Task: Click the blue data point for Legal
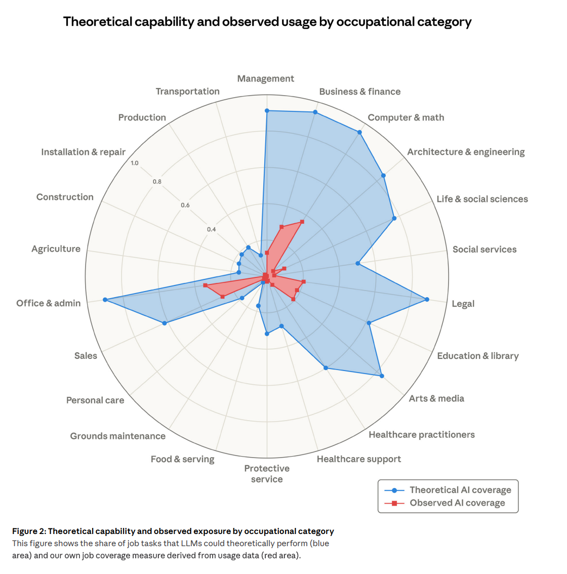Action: point(427,300)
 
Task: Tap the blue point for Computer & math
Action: point(359,133)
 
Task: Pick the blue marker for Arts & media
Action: point(382,376)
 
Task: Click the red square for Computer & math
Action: point(302,221)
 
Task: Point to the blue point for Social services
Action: point(357,263)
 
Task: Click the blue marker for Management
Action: point(267,110)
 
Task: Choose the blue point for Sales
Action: point(165,323)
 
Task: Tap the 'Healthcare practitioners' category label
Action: point(421,435)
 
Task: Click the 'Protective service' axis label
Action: point(267,474)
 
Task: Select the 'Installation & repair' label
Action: point(83,152)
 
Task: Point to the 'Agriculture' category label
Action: point(56,249)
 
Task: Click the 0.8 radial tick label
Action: point(157,182)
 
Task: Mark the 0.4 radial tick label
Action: point(211,229)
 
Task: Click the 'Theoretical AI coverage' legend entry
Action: point(460,490)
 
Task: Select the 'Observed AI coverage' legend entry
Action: point(457,503)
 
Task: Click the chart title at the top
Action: point(267,22)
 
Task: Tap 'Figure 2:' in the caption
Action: point(29,531)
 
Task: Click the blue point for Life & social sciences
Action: point(394,219)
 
